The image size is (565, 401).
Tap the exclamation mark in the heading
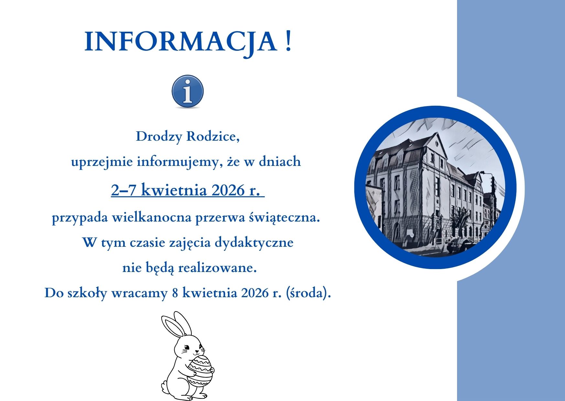click(289, 41)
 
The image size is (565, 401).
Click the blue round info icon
click(187, 92)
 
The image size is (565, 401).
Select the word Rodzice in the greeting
click(213, 136)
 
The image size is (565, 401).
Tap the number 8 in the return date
click(176, 293)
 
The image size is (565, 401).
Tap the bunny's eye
click(186, 349)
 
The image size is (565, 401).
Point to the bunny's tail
click(165, 387)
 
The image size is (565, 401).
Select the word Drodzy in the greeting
click(159, 137)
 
